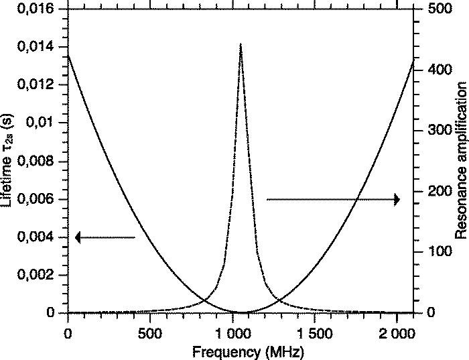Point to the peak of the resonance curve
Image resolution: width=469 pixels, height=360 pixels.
click(241, 44)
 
